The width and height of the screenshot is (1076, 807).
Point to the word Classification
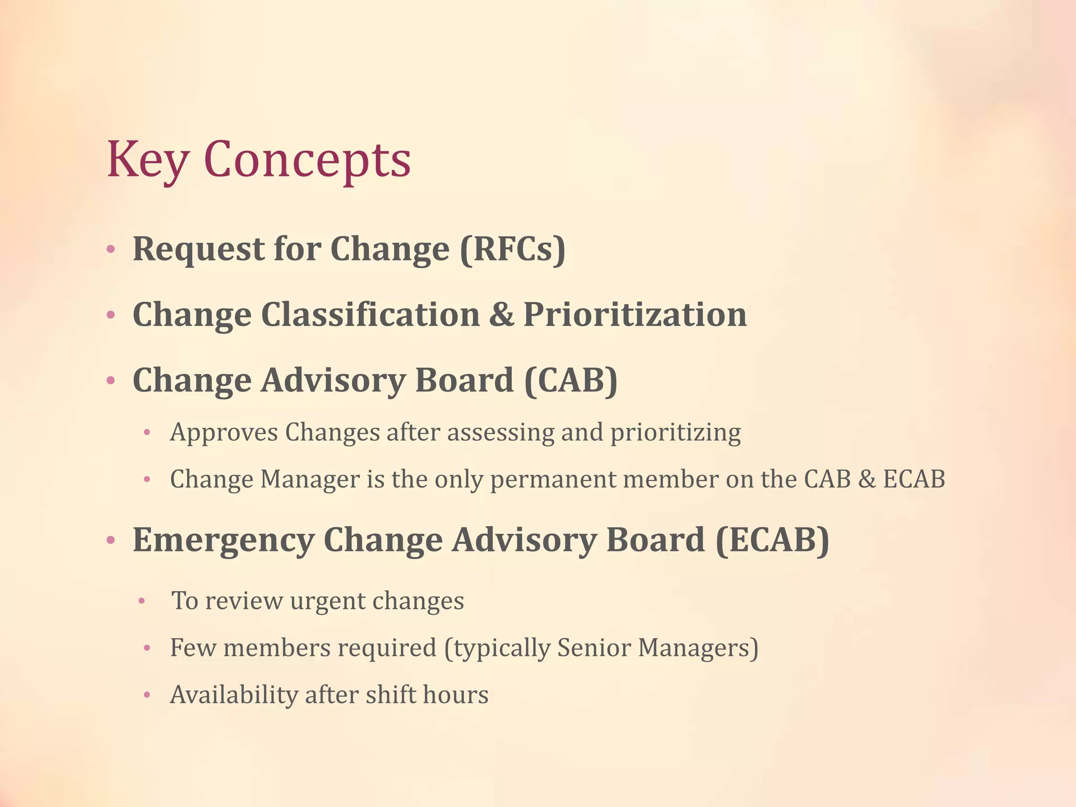(370, 315)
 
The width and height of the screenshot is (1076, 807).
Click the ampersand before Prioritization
(501, 315)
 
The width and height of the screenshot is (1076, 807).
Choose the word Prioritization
(635, 315)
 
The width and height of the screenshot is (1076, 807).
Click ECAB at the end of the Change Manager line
(914, 479)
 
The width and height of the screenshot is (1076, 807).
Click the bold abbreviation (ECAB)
(772, 540)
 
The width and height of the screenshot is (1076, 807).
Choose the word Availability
(234, 695)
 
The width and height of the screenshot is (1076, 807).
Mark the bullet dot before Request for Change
(110, 250)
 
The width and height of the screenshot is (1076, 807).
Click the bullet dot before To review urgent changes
(141, 601)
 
